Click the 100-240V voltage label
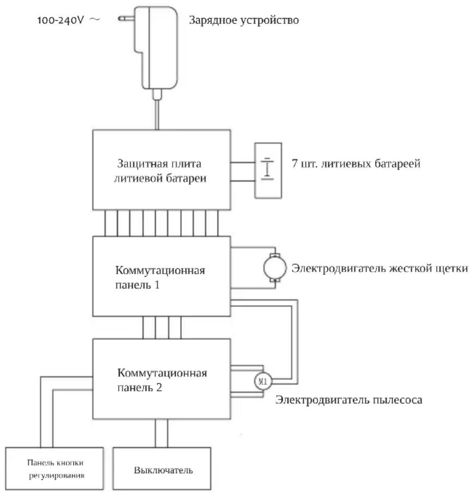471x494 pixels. (x=60, y=20)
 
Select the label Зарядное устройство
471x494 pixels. (x=244, y=20)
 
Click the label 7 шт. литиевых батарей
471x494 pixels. (x=356, y=164)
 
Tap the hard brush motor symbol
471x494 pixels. (x=274, y=268)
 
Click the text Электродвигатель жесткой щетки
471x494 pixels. (x=380, y=268)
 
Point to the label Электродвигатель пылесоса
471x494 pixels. (x=348, y=400)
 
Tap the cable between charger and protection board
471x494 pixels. (x=157, y=115)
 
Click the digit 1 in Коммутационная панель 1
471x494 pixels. (x=157, y=285)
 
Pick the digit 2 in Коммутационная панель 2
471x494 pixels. (x=159, y=388)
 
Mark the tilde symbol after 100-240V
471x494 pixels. (x=95, y=20)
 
